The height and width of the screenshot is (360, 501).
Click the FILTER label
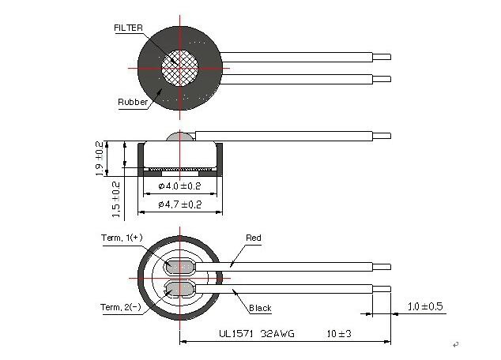point(129,28)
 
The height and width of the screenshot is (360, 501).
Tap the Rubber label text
point(133,102)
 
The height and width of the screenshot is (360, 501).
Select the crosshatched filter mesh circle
point(179,68)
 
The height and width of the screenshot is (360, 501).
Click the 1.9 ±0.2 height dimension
point(100,159)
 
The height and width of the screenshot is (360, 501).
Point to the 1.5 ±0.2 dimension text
point(116,200)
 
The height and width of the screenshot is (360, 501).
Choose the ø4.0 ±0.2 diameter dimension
point(179,186)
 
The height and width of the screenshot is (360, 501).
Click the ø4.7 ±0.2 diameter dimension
point(180,204)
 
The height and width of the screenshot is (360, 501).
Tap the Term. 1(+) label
point(122,238)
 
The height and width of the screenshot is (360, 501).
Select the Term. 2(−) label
point(121,307)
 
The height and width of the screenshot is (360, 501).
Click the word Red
point(254,238)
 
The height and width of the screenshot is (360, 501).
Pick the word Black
point(260,308)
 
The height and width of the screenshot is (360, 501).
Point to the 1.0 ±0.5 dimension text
point(425,306)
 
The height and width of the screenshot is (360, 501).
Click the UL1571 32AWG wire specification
point(257,334)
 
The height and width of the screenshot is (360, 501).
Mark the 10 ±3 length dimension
point(339,334)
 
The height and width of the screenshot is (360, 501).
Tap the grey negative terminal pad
point(179,290)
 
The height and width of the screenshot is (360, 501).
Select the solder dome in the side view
point(180,137)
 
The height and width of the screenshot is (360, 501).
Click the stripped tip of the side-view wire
point(382,136)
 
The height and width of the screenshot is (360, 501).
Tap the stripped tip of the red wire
point(382,267)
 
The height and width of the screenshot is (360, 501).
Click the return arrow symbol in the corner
point(456,344)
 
